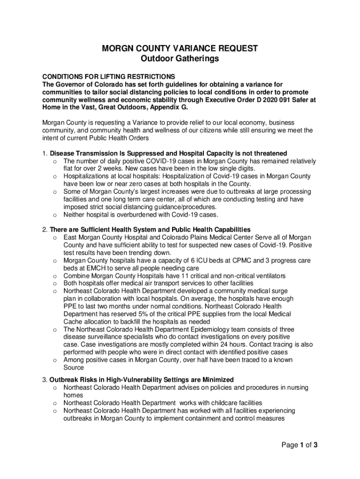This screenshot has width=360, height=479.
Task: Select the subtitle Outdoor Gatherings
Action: [180, 59]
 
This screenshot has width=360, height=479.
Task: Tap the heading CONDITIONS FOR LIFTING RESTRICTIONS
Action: [108, 77]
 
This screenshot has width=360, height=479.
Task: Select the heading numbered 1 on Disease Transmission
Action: [168, 153]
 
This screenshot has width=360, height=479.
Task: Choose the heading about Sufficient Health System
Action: [150, 230]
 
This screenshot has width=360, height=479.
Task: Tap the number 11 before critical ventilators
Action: [180, 276]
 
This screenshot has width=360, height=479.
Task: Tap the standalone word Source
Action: [74, 368]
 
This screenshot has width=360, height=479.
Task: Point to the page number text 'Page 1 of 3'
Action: [300, 445]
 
